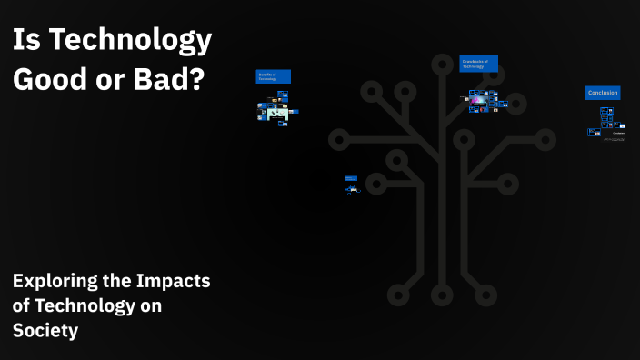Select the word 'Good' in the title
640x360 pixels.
50,78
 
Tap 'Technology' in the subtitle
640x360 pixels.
85,306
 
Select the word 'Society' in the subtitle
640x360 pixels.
45,331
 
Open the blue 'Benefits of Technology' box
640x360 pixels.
273,77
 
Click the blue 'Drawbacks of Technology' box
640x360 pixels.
478,64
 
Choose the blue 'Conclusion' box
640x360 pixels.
603,93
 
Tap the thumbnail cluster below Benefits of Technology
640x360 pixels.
275,112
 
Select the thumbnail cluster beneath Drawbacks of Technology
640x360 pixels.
485,101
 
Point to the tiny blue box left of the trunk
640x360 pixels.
351,177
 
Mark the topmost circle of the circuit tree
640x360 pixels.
442,64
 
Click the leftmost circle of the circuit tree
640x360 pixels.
338,140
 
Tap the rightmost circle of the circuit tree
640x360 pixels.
545,140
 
